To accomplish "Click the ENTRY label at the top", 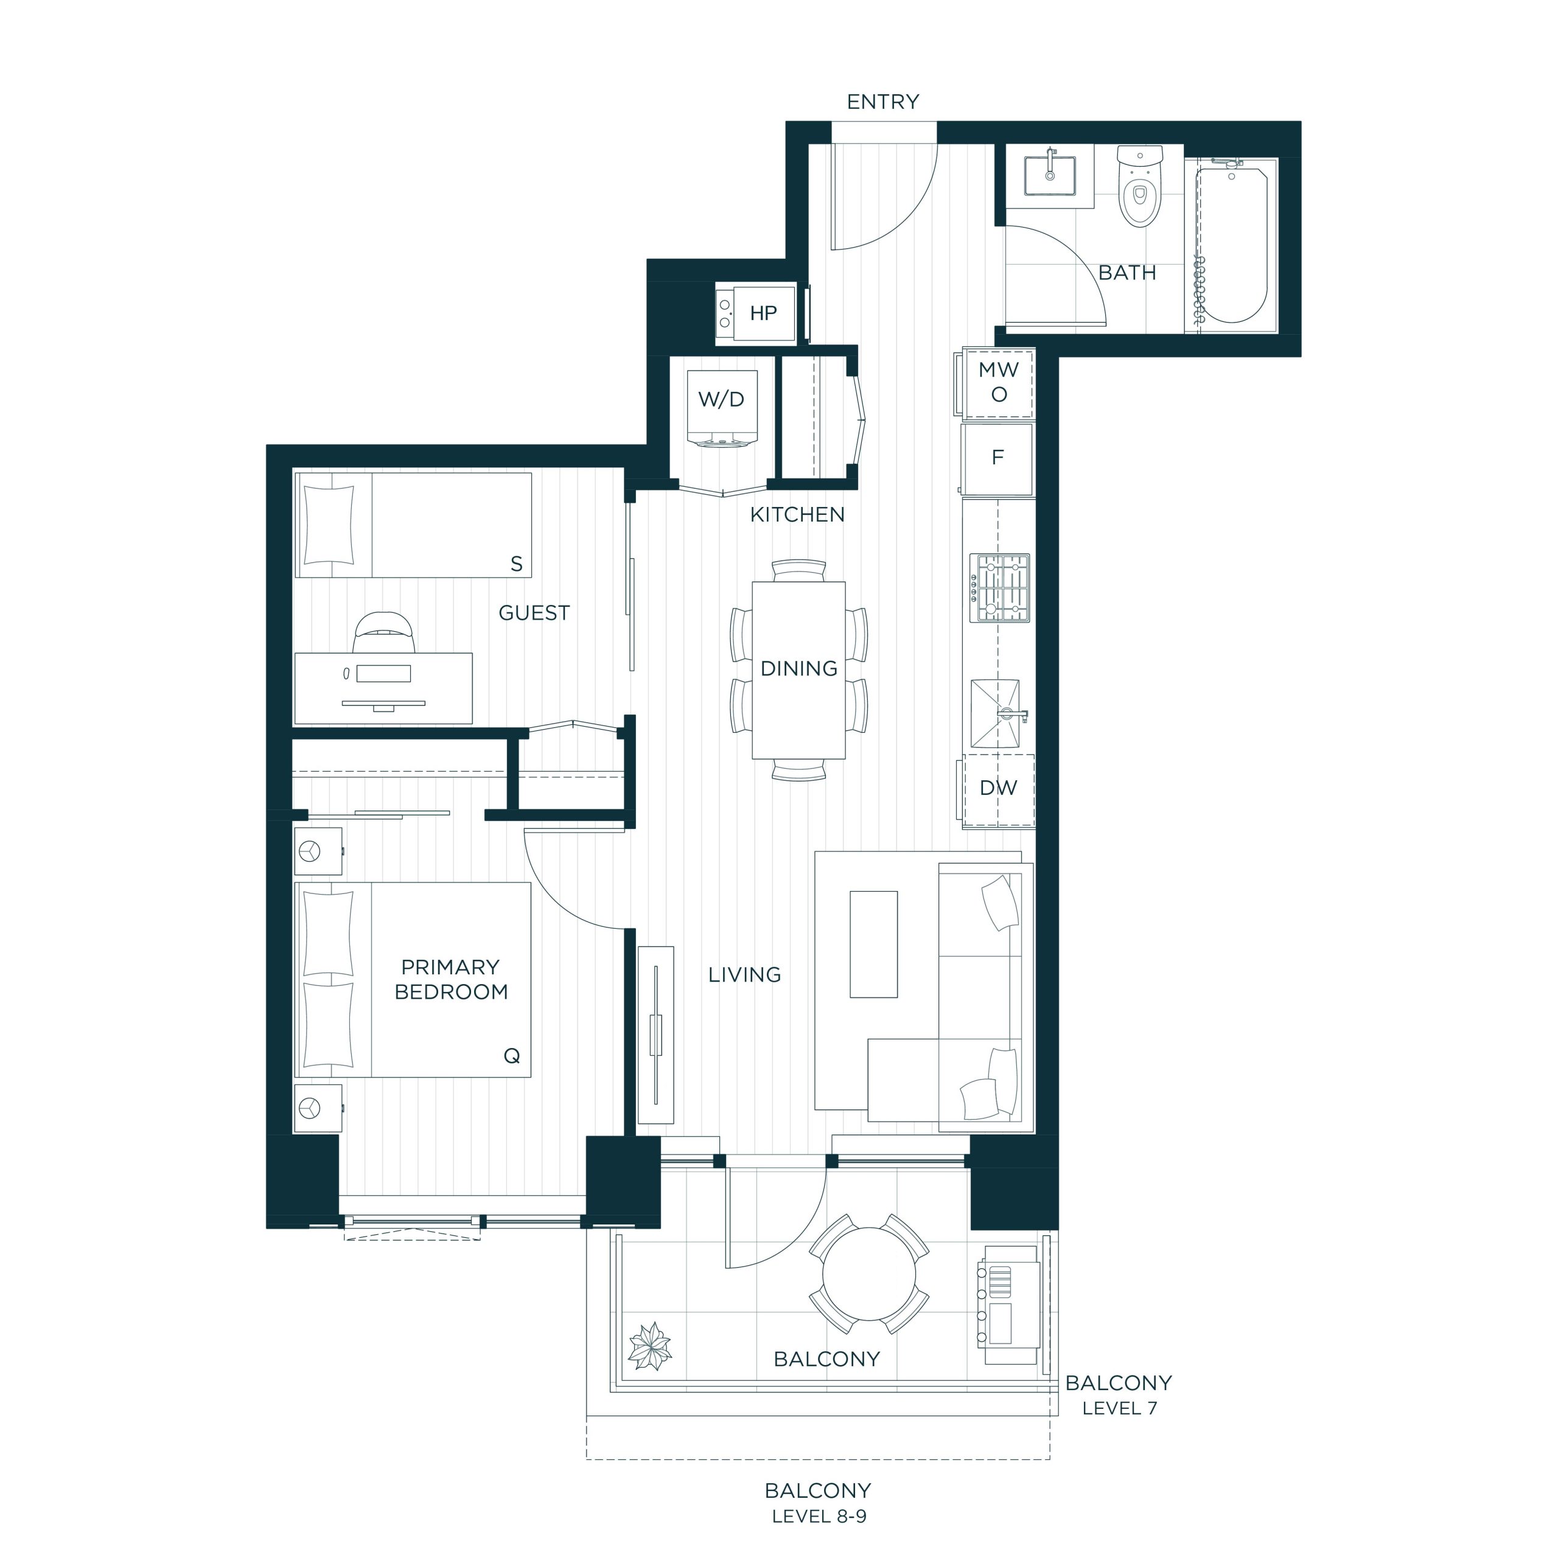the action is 883,102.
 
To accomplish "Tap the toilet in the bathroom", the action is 1139,186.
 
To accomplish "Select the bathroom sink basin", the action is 1050,176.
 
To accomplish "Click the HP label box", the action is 763,313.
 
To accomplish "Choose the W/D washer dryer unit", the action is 722,408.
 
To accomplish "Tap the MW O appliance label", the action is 998,382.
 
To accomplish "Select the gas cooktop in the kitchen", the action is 1000,588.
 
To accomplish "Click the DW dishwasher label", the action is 998,788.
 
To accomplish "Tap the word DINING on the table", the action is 799,668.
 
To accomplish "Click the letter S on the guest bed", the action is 517,564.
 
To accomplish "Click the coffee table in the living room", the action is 873,945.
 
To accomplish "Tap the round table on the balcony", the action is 868,1274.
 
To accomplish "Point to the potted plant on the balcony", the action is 650,1346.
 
